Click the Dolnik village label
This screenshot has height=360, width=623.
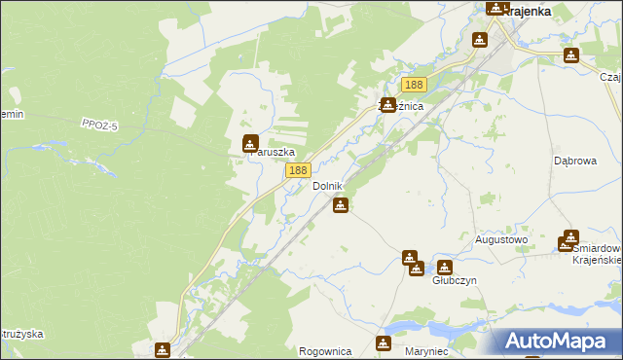[328, 186]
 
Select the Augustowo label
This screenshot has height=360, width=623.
[500, 239]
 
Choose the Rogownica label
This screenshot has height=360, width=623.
[325, 352]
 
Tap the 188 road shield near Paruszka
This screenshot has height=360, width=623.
[299, 170]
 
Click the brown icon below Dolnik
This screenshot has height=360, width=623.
[340, 205]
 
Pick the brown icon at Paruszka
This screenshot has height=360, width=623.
[250, 144]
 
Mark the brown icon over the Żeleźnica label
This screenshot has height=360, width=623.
[388, 105]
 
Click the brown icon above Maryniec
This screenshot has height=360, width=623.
[385, 343]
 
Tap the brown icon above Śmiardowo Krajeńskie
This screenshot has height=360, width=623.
[568, 242]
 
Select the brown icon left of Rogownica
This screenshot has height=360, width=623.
[163, 350]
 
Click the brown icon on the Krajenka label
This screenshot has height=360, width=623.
[495, 9]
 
